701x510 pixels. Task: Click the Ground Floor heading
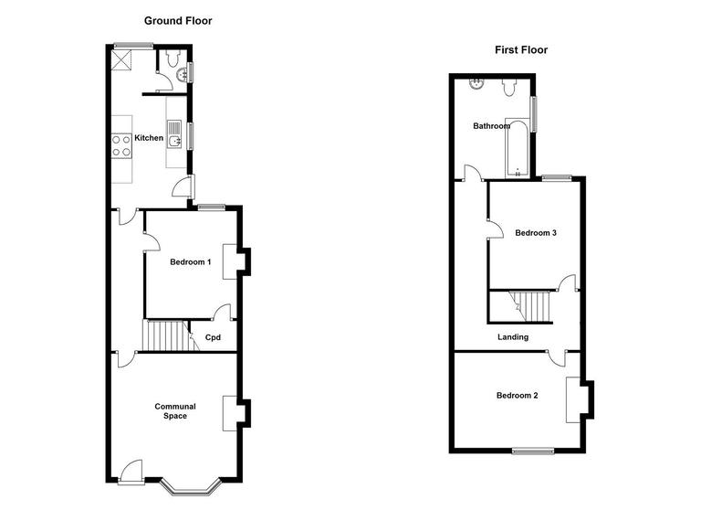(179, 20)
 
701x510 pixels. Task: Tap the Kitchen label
(149, 139)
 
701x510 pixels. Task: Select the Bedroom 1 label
(191, 262)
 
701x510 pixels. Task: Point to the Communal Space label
(174, 411)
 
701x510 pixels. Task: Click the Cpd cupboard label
(213, 337)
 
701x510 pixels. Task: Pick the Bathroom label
(491, 126)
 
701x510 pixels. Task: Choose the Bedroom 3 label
(536, 233)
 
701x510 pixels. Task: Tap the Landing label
(512, 337)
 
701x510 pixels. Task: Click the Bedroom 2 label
(517, 396)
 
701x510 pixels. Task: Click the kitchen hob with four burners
(121, 145)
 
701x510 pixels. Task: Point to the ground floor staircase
(164, 335)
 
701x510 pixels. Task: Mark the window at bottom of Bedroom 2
(532, 450)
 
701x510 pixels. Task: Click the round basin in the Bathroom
(476, 86)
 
